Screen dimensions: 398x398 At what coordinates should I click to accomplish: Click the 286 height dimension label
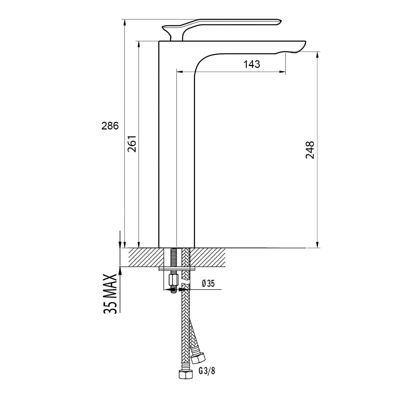[x=110, y=126]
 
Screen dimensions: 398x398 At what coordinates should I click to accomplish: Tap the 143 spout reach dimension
[x=251, y=64]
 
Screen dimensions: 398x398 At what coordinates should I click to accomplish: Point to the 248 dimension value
[x=310, y=150]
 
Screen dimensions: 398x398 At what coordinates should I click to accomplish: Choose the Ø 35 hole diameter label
[x=208, y=284]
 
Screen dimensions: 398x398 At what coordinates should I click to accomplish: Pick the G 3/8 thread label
[x=207, y=371]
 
